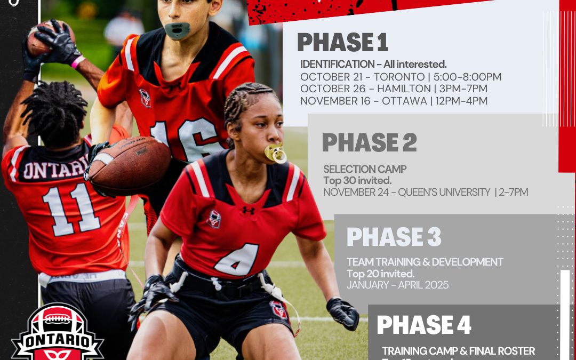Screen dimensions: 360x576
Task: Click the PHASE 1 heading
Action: click(x=342, y=43)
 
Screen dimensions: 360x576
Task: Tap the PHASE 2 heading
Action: click(x=369, y=142)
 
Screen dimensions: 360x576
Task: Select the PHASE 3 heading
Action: click(x=394, y=237)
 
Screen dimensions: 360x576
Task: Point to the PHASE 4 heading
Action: click(x=424, y=325)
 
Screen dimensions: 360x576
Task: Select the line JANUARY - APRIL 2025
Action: click(x=397, y=285)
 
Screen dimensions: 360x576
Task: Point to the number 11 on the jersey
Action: click(x=71, y=210)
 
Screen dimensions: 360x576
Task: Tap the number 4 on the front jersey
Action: click(x=236, y=260)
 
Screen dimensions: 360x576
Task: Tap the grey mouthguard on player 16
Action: click(x=178, y=30)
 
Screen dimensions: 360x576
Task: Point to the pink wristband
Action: click(x=78, y=62)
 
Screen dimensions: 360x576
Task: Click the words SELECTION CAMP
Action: click(x=365, y=169)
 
